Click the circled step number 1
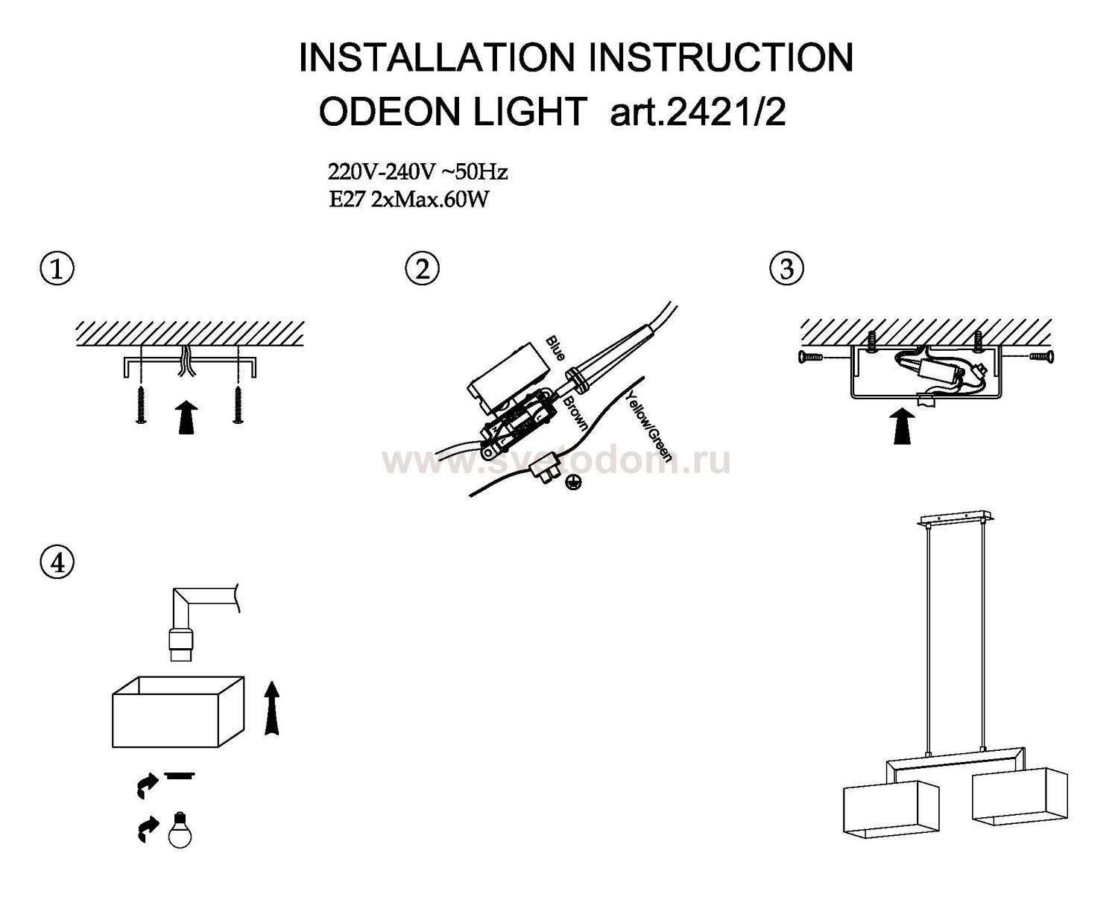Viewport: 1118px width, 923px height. click(x=57, y=269)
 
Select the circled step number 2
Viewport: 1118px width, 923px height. click(x=422, y=269)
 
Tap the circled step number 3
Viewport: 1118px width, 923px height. click(x=786, y=269)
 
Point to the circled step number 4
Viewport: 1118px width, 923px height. click(x=57, y=563)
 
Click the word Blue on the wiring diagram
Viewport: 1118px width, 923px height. click(x=555, y=349)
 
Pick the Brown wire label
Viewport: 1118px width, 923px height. click(x=575, y=413)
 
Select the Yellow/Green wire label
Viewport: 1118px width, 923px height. click(x=648, y=425)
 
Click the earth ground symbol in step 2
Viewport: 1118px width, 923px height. click(x=573, y=483)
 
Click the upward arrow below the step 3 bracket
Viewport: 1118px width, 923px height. click(x=902, y=426)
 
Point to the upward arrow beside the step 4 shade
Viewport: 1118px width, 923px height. click(x=272, y=708)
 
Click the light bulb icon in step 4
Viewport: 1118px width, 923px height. click(x=180, y=830)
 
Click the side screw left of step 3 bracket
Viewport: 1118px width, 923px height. click(x=810, y=356)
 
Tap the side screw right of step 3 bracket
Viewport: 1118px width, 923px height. click(x=1041, y=356)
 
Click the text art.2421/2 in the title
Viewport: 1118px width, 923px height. click(x=698, y=112)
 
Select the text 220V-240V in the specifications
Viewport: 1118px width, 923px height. click(x=381, y=172)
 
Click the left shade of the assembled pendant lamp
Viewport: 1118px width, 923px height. click(x=891, y=808)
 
